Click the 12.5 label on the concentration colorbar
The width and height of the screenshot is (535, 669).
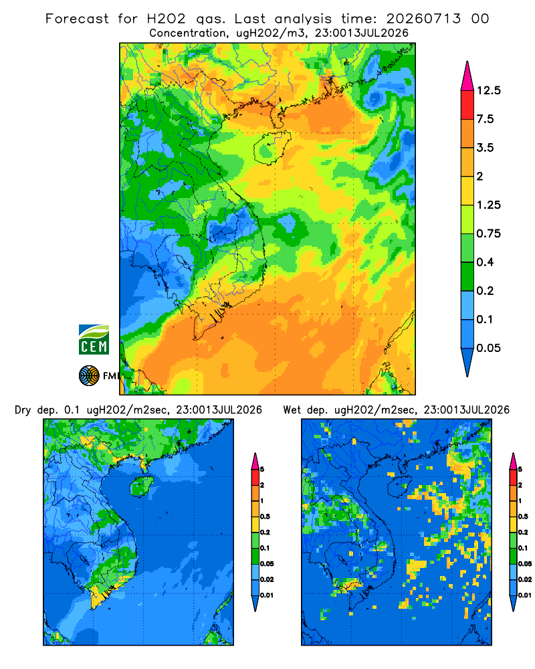[488, 90]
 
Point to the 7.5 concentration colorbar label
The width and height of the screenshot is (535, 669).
[485, 119]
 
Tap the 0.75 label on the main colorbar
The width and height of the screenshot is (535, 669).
[488, 233]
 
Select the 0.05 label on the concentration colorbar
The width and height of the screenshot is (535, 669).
[488, 348]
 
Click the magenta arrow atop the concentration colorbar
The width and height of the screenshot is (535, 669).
[467, 76]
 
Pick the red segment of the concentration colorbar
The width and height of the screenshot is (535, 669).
[467, 105]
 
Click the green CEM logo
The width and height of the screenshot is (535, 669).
[94, 340]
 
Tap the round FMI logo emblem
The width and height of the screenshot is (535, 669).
[89, 376]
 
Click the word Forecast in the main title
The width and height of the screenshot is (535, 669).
[77, 19]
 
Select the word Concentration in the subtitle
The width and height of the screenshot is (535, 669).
[188, 33]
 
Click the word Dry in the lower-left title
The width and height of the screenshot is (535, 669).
[23, 410]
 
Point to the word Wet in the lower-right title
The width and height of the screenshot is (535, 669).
[292, 410]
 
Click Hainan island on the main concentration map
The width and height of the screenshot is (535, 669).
[272, 148]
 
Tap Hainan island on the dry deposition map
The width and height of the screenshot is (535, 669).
[142, 486]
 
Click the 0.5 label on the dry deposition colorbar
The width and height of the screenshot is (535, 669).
[265, 516]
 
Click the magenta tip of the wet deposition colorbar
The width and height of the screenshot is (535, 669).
[513, 461]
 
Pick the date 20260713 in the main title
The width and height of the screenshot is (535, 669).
[423, 19]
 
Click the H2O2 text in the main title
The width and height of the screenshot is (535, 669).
[167, 19]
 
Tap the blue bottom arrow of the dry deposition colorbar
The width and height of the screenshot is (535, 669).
[255, 603]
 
